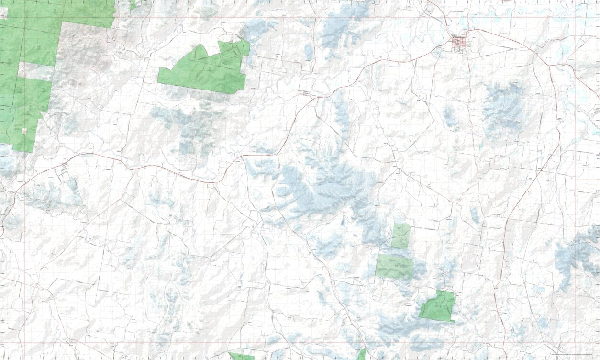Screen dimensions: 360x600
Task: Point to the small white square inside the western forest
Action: tap(24, 130)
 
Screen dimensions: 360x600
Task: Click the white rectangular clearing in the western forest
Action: tap(36, 72)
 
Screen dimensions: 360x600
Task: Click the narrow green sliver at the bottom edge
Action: tap(362, 355)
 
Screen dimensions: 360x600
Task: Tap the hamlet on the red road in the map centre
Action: tap(305, 93)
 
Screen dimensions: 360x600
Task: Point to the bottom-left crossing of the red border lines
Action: tap(24, 343)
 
